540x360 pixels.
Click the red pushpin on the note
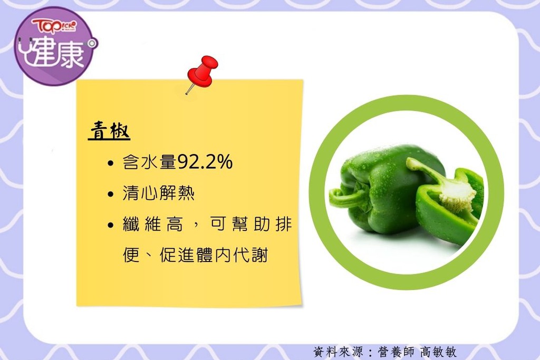202,73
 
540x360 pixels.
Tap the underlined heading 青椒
110,131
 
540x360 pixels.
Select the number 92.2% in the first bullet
205,161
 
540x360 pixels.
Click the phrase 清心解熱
158,193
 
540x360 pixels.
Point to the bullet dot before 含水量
110,163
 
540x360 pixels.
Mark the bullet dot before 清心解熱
110,194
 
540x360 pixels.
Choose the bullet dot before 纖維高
110,226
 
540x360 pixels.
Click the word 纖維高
152,224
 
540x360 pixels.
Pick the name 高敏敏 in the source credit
438,352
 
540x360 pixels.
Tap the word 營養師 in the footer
396,352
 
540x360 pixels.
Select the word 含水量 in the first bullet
149,162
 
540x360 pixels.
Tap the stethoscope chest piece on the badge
92,44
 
